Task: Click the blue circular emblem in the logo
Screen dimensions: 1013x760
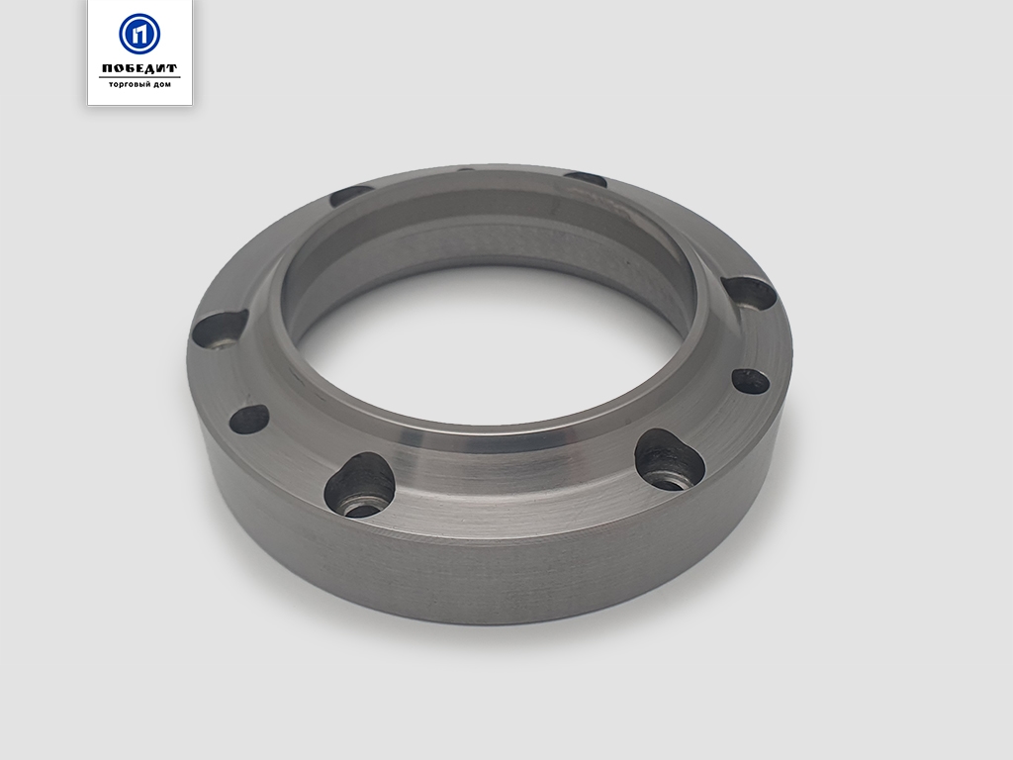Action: point(139,33)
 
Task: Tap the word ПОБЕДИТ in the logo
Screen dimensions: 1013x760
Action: point(139,68)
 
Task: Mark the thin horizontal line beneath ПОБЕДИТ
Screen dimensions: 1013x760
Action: point(139,77)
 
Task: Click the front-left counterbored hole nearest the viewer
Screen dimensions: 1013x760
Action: point(360,485)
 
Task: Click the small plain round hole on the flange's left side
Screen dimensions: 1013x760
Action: point(249,419)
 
